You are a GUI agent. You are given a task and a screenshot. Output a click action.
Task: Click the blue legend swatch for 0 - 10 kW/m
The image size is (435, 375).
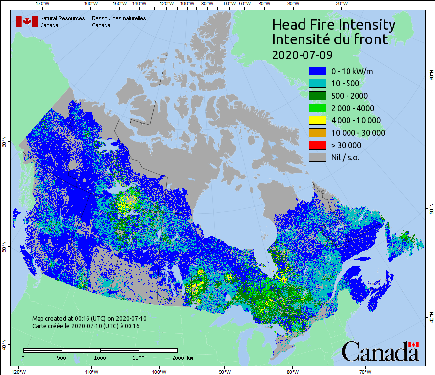point(317,71)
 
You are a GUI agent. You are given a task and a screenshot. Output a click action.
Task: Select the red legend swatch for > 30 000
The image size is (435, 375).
point(317,145)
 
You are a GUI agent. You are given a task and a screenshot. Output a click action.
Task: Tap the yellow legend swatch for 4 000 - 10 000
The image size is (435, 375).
point(317,120)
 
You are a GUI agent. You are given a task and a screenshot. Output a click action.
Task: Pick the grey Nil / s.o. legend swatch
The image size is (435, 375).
point(317,157)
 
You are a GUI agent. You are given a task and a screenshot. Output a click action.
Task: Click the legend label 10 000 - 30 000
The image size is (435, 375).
point(358,133)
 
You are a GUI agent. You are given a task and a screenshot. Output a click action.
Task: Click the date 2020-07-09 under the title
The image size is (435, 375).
point(303,54)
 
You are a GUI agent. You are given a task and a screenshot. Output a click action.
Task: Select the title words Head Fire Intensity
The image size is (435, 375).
point(334,25)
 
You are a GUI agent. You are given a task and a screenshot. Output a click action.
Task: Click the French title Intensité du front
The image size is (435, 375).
point(330,39)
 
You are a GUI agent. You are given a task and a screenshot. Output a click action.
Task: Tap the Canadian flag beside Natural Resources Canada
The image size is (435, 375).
point(27,22)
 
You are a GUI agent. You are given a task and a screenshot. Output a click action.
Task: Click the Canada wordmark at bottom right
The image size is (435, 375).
point(380,351)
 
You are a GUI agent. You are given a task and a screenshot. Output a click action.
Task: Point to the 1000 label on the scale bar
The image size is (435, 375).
point(100,357)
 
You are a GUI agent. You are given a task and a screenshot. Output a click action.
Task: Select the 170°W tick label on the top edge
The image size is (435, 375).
point(43,4)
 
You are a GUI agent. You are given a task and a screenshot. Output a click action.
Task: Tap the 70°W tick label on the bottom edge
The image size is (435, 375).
point(365,371)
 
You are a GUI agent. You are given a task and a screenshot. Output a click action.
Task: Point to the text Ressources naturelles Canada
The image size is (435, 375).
point(119,22)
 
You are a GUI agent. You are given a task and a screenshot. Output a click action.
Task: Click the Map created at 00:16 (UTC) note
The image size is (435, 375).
point(89,319)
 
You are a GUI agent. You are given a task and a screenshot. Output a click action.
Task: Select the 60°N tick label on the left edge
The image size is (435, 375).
point(4,144)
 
